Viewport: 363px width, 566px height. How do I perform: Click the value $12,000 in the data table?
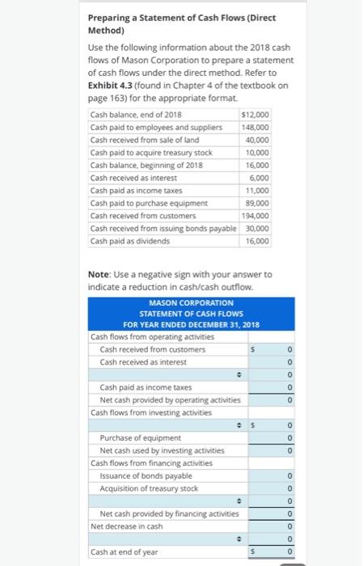[x=256, y=115]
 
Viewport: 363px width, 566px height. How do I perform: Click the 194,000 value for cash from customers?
[x=256, y=215]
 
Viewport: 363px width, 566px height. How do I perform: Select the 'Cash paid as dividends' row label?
[x=130, y=240]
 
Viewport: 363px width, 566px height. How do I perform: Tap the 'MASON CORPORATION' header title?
[x=192, y=302]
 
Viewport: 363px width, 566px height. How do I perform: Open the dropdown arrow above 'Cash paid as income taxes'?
[x=238, y=375]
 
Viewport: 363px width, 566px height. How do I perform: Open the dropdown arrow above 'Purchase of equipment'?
[x=238, y=425]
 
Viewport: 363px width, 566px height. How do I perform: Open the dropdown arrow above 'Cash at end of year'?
[x=238, y=539]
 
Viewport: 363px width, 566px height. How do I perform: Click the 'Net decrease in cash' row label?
[x=127, y=526]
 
